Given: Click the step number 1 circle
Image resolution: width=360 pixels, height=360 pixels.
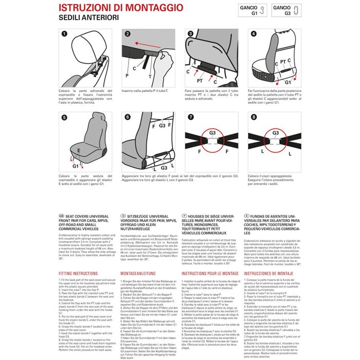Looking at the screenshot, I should [x=64, y=34].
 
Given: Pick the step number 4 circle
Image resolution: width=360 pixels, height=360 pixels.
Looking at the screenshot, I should [x=253, y=34].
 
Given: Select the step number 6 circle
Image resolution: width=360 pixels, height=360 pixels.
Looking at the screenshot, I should [x=127, y=117].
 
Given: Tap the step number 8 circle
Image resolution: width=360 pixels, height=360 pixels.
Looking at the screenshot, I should [x=253, y=117].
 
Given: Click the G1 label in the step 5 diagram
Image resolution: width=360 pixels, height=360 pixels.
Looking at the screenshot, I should [x=76, y=166].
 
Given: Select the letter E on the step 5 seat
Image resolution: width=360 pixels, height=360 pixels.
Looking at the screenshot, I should [x=78, y=150].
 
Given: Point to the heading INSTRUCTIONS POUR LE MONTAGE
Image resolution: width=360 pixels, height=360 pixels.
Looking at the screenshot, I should [x=209, y=274].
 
